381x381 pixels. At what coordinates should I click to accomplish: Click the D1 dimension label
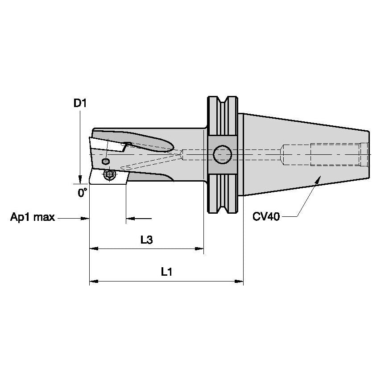point(80,104)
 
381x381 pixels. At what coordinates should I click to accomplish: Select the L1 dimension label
point(166,271)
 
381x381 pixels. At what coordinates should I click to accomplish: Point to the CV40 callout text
point(266,217)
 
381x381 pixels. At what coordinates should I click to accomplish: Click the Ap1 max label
point(33,218)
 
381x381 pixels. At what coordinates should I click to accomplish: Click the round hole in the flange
point(222,155)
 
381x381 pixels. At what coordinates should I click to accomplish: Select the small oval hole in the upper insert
point(106,161)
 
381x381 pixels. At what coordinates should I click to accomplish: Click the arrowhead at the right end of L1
point(240,282)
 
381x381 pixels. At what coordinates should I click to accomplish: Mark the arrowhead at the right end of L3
point(200,249)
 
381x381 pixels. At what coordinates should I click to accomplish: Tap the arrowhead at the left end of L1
point(93,282)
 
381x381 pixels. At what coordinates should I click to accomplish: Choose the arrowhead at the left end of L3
point(93,249)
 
